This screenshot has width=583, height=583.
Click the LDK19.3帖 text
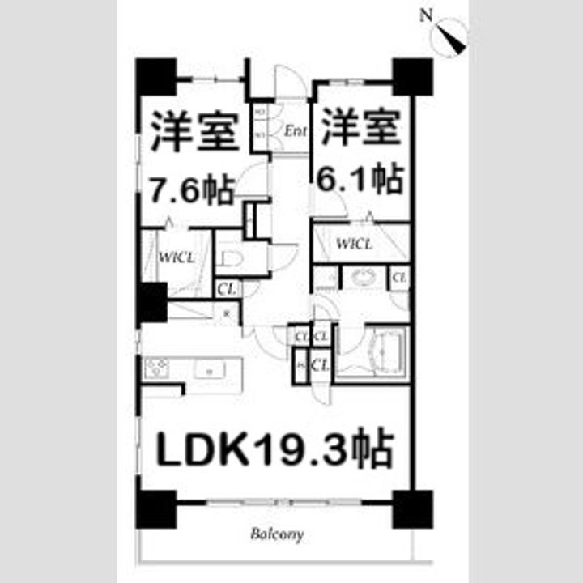coord(274,449)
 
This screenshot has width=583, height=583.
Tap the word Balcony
coord(276,534)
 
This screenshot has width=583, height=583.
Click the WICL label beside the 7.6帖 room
coord(176,258)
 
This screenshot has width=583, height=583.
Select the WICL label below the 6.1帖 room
coord(355,244)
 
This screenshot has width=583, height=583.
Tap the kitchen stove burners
coord(156,369)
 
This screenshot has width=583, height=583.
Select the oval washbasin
coord(363,278)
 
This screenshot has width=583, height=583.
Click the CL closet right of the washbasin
coord(398,278)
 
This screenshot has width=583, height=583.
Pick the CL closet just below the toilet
coord(226,287)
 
